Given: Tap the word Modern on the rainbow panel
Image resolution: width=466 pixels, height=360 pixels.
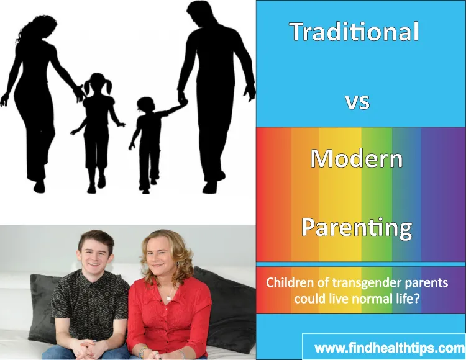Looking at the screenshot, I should (357, 159).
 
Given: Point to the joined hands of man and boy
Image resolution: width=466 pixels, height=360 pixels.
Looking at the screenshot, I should (182, 99).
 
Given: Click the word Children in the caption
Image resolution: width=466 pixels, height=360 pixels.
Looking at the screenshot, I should (288, 282).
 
